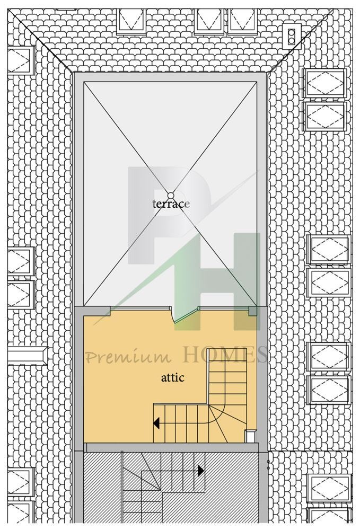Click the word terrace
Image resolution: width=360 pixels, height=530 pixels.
(171, 204)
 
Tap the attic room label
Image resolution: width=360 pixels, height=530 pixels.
(173, 377)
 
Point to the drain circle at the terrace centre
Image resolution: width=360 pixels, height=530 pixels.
(170, 195)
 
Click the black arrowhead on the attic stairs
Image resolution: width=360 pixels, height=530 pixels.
(156, 423)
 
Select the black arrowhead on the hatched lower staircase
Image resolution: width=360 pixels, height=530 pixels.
(201, 471)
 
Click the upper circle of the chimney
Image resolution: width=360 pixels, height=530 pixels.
(291, 33)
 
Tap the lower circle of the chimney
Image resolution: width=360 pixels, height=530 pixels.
(291, 40)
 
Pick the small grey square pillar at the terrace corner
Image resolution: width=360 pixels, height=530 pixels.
(252, 311)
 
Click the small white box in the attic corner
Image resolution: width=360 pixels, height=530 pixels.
(250, 436)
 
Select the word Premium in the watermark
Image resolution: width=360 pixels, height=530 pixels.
(128, 357)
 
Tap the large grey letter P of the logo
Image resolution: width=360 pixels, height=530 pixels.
(169, 215)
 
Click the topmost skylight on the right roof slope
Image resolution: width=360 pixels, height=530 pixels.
(324, 83)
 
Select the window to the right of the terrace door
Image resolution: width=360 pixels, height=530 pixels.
(224, 308)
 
